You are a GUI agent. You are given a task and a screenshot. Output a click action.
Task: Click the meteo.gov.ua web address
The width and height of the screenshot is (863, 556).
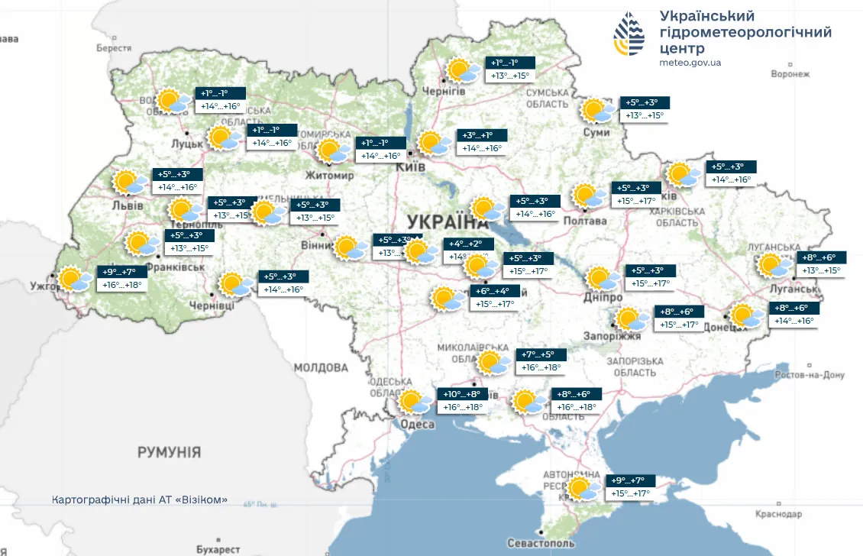point(690,63)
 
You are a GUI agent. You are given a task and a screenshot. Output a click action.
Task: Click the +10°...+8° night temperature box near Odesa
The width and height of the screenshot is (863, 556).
point(461,395)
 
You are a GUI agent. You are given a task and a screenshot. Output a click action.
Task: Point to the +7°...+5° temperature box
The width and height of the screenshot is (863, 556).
point(543,355)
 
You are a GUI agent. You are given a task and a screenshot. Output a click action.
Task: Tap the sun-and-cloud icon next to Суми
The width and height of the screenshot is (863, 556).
point(596,111)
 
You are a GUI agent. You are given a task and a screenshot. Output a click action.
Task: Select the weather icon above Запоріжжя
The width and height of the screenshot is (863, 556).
point(629,318)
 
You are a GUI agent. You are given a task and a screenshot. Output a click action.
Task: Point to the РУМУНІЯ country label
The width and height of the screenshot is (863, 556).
point(169,453)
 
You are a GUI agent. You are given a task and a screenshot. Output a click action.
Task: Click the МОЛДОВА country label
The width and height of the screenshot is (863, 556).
point(321,368)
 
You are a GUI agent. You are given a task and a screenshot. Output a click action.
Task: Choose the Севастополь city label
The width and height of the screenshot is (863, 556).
point(541,543)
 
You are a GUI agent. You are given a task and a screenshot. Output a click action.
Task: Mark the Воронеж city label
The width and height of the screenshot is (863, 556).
point(789,74)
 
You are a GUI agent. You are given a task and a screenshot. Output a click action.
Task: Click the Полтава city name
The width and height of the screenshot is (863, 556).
point(585,221)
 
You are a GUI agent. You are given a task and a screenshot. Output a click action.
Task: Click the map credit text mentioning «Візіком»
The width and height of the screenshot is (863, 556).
point(140,499)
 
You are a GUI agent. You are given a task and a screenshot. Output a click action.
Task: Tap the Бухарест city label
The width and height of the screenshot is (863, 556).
point(218,549)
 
